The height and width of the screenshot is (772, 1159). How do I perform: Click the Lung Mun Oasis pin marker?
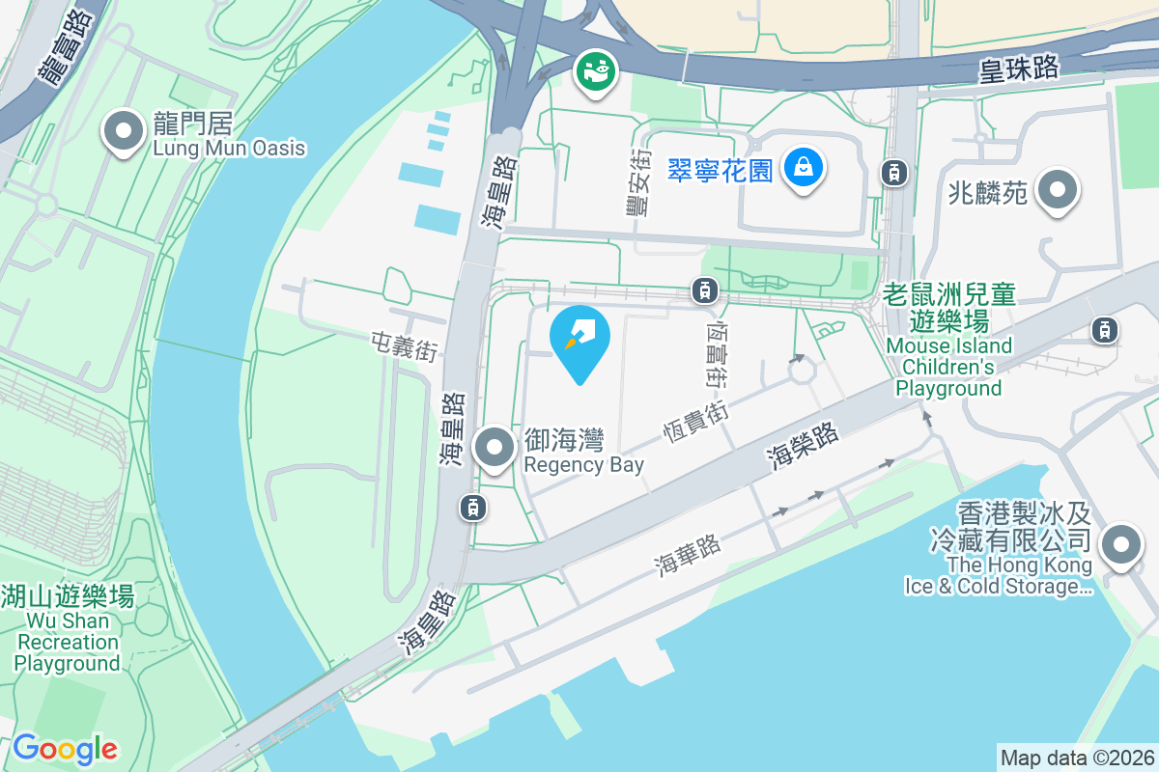point(123,133)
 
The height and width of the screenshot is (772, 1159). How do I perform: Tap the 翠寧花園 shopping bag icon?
point(803,170)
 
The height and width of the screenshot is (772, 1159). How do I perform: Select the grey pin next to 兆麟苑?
point(1058,190)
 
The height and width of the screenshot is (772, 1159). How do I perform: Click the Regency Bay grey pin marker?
point(495,448)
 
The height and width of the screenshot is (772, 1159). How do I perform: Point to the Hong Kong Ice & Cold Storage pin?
point(1121,545)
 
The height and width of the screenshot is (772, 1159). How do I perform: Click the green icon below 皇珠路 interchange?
point(596,71)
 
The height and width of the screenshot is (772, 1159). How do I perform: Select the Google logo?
point(65,749)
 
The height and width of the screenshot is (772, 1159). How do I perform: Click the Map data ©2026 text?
point(1077,758)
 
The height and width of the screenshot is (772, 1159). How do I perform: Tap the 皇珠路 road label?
point(1019,69)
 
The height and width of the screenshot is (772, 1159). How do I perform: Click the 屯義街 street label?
point(404,346)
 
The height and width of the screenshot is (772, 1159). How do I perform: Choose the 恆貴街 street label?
point(695,423)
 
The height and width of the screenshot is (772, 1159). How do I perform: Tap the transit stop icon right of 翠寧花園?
point(894,173)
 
